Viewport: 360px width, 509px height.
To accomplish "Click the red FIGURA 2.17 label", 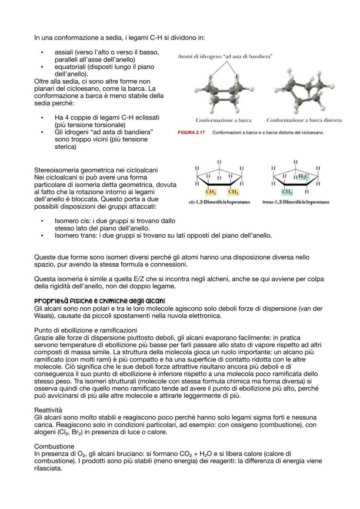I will [x=193, y=132].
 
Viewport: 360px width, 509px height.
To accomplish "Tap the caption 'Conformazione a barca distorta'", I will [x=304, y=120].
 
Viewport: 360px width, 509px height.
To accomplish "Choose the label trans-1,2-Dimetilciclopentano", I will [x=295, y=202].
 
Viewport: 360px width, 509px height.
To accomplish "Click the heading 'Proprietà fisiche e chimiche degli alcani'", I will [x=100, y=301].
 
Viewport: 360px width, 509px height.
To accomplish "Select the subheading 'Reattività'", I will [x=48, y=410].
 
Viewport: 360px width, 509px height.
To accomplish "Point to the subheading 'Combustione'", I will [x=54, y=446].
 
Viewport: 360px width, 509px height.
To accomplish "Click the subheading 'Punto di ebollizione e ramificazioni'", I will [x=86, y=330].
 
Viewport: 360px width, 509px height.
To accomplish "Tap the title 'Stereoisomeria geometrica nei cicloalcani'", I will [x=96, y=170].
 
